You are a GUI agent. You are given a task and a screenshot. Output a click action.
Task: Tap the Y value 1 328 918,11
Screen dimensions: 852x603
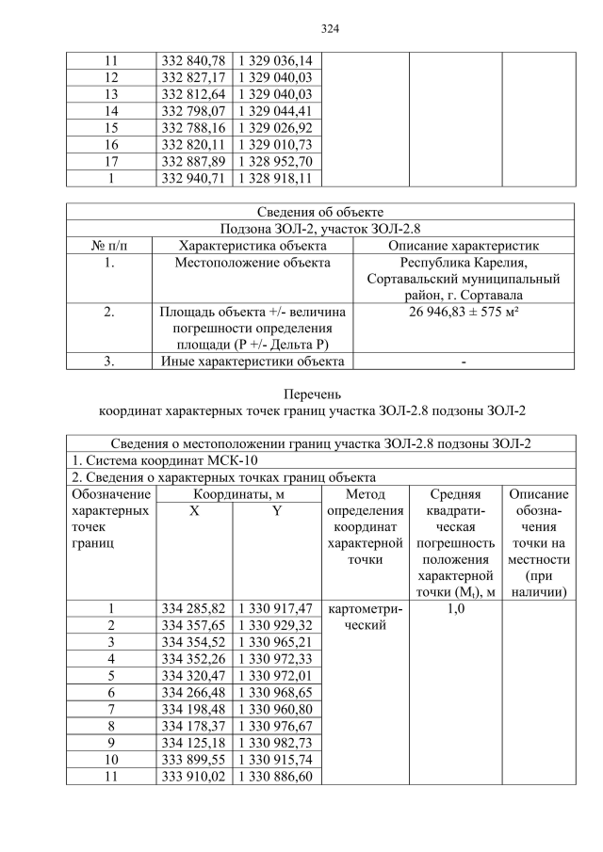coord(278,178)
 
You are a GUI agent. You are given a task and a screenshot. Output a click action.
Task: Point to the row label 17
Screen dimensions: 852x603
coord(110,161)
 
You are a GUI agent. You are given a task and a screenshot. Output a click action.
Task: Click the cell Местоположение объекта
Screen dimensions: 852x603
coord(252,263)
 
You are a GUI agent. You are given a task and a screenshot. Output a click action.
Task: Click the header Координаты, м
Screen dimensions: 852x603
coord(239,494)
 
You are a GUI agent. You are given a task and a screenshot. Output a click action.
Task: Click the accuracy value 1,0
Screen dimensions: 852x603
coord(455,609)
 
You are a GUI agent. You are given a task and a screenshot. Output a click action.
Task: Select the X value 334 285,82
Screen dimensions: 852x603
coord(194,609)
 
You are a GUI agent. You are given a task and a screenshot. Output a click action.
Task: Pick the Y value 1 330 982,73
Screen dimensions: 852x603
coord(278,743)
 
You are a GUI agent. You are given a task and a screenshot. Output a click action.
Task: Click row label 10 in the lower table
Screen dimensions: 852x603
coord(110,760)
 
